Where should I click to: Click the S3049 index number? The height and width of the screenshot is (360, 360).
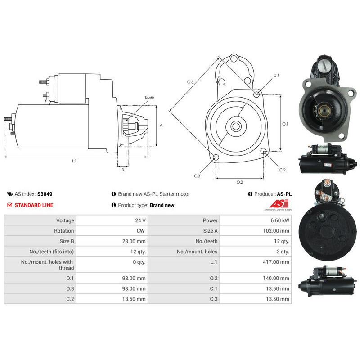45,194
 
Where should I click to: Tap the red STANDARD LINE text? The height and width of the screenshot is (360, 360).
34,205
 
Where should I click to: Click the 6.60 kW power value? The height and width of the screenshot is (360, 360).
279,220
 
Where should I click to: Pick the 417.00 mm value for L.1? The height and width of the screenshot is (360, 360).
276,262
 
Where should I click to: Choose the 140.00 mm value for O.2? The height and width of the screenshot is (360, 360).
276,278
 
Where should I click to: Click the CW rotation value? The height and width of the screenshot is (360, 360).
140,231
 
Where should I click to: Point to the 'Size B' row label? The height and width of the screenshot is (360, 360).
67,241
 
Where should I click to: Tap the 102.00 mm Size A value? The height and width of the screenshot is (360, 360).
276,231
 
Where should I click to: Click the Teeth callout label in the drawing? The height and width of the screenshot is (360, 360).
149,98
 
